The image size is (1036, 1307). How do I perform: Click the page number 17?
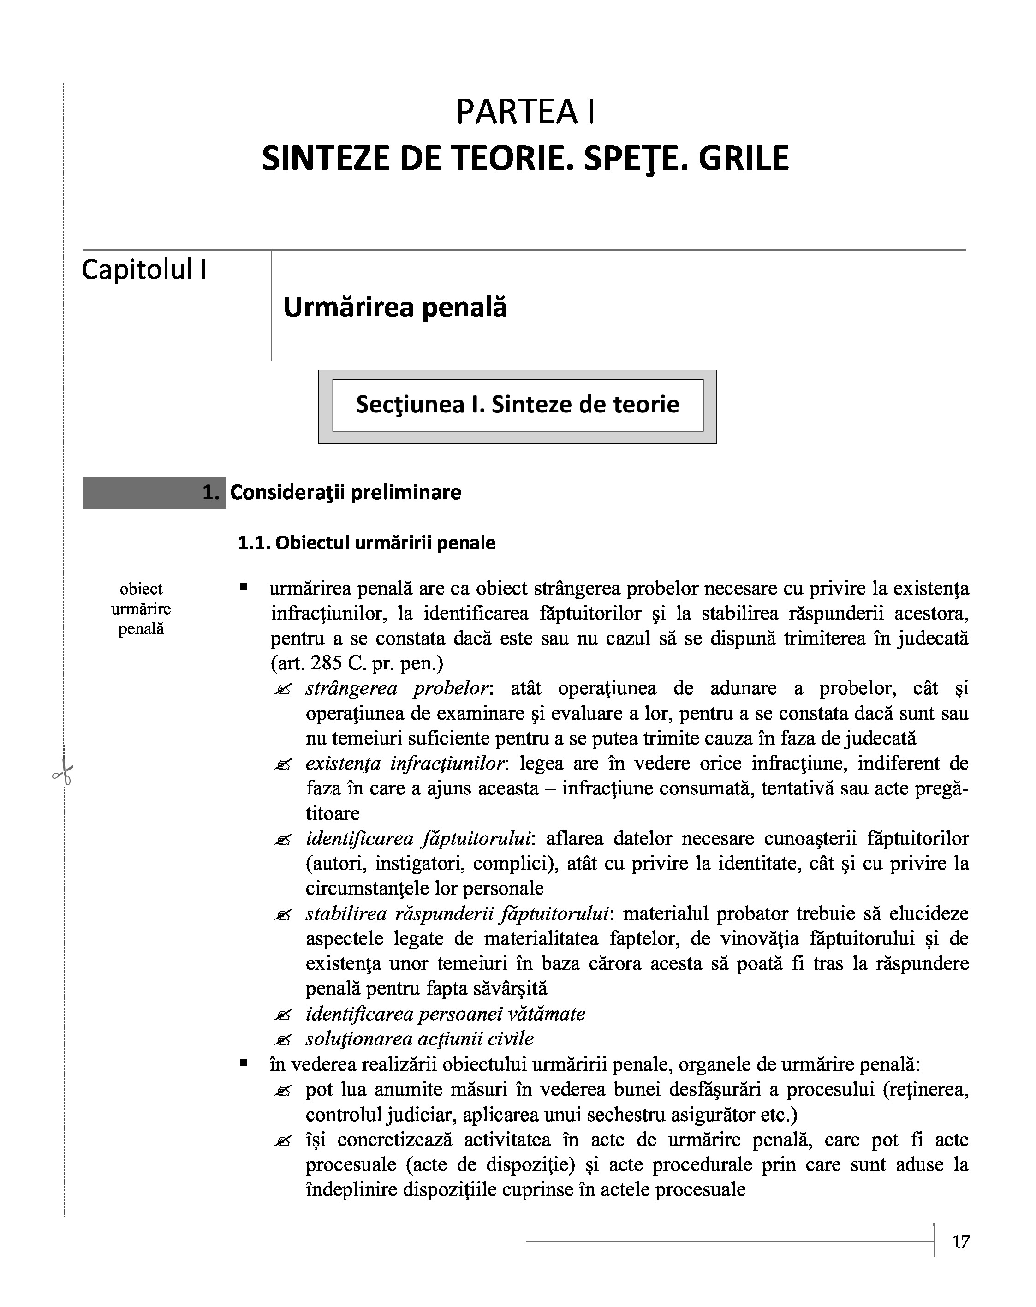click(961, 1242)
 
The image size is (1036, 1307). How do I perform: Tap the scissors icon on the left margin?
click(62, 774)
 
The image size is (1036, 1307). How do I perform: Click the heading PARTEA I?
click(525, 112)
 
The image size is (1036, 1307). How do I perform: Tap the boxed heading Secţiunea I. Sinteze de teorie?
click(517, 404)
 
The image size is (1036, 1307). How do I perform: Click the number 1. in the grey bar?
click(210, 492)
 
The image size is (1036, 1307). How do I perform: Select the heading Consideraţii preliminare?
click(345, 492)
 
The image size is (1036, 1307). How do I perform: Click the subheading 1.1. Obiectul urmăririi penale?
click(366, 543)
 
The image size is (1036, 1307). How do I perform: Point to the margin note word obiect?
click(141, 589)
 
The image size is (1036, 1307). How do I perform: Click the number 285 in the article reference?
click(326, 663)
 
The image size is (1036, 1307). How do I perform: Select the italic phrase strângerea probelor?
click(397, 689)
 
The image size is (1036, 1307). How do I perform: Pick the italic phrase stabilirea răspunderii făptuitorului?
click(457, 913)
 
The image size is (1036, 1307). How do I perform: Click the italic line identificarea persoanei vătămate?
click(445, 1014)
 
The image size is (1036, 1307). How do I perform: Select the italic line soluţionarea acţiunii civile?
click(419, 1038)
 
